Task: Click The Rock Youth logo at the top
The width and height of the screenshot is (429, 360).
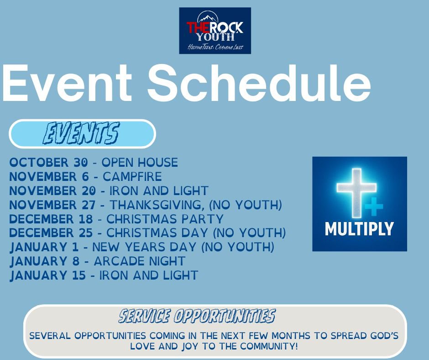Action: coord(215,31)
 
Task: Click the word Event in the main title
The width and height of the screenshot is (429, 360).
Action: coord(67,83)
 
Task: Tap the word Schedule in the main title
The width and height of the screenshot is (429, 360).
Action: coord(259,83)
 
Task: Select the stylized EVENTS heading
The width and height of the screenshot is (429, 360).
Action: coord(81,133)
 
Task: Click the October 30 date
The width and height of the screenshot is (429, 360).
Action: coord(49,162)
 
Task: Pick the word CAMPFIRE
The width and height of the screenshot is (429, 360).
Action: coord(132,176)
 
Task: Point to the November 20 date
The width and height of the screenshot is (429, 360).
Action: coord(52,191)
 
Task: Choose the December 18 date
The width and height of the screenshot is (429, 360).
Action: coord(51,219)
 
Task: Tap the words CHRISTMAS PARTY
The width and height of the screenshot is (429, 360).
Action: coord(165,219)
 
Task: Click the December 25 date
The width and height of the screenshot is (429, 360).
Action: coord(51,233)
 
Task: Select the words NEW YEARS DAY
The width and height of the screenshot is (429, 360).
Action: coord(144,247)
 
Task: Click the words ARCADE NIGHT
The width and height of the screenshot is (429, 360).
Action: coord(140,261)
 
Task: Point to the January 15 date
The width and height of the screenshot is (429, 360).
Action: coord(48,275)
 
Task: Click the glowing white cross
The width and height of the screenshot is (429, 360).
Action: coord(356,193)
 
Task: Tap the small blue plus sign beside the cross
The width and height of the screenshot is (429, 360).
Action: coord(374,206)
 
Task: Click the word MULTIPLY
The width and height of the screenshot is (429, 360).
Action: coord(359,229)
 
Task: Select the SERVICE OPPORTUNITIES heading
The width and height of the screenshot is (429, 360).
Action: coord(197,316)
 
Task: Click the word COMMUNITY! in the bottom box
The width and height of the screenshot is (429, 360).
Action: coord(269,346)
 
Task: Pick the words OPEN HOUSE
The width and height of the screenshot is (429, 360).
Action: coord(140,162)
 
